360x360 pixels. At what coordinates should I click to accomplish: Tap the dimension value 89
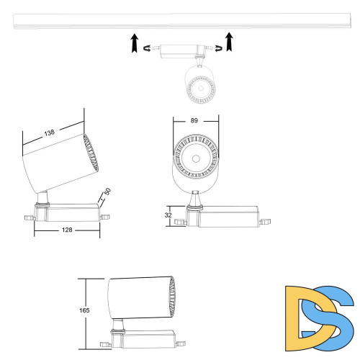click(x=194, y=120)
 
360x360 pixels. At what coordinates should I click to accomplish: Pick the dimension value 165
click(x=84, y=310)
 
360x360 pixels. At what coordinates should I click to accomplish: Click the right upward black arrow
click(x=229, y=42)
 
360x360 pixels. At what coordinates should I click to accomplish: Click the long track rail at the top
click(x=180, y=22)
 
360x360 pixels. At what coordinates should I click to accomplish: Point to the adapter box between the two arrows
click(x=180, y=51)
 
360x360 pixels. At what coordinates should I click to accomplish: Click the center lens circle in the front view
click(x=194, y=158)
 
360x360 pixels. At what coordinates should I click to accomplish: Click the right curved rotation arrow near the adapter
click(x=214, y=48)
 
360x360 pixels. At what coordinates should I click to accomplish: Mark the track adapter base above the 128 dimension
click(x=68, y=212)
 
